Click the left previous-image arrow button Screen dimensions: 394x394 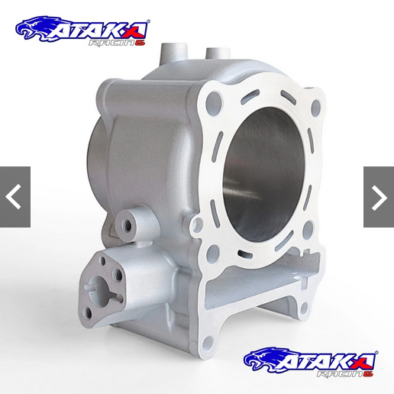(x=15, y=197)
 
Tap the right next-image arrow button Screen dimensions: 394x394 (x=379, y=197)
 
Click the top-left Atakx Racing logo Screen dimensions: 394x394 (x=82, y=31)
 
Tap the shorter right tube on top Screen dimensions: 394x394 (x=218, y=53)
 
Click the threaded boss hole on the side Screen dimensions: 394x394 (x=128, y=225)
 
